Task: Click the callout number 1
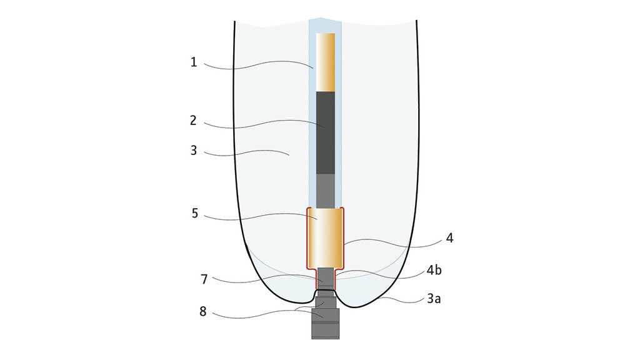pyautogui.click(x=194, y=62)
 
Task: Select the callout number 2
pyautogui.click(x=194, y=121)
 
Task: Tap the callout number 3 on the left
pyautogui.click(x=194, y=151)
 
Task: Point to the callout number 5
pyautogui.click(x=195, y=214)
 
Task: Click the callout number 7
pyautogui.click(x=204, y=279)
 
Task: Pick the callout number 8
pyautogui.click(x=203, y=311)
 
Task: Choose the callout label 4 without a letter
pyautogui.click(x=450, y=238)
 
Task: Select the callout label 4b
pyautogui.click(x=434, y=270)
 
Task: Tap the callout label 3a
pyautogui.click(x=434, y=299)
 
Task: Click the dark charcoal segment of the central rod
pyautogui.click(x=326, y=132)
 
